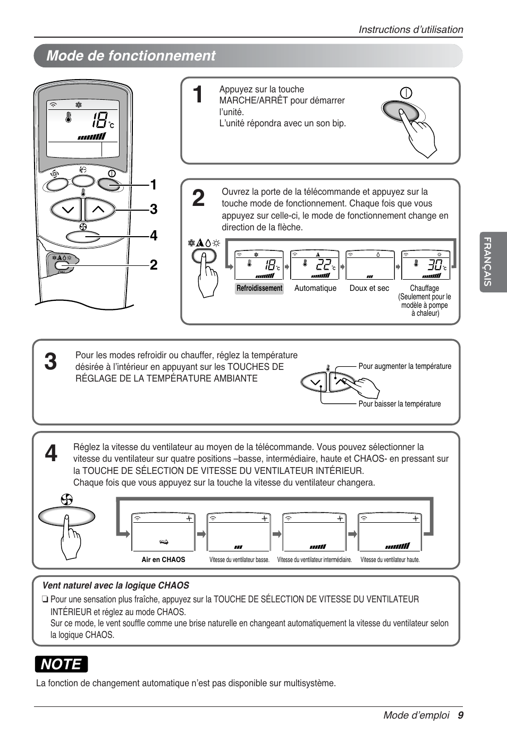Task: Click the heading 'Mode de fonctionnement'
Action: pyautogui.click(x=131, y=56)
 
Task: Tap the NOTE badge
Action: pyautogui.click(x=62, y=664)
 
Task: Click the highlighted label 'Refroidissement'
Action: pyautogui.click(x=259, y=288)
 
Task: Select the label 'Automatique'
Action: pyautogui.click(x=315, y=288)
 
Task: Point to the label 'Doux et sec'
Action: pyautogui.click(x=369, y=288)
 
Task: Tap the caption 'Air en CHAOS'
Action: pyautogui.click(x=163, y=559)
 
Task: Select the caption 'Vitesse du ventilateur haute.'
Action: pyautogui.click(x=390, y=559)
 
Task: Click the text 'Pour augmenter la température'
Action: pyautogui.click(x=404, y=366)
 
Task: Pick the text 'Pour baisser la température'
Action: pyautogui.click(x=399, y=404)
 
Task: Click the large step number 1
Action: pyautogui.click(x=198, y=96)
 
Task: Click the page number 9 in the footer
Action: pyautogui.click(x=460, y=715)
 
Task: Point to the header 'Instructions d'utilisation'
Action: pyautogui.click(x=410, y=30)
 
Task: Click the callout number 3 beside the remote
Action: pyautogui.click(x=153, y=210)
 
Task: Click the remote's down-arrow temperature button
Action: pyautogui.click(x=67, y=210)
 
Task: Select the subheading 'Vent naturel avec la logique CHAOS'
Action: pyautogui.click(x=115, y=585)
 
